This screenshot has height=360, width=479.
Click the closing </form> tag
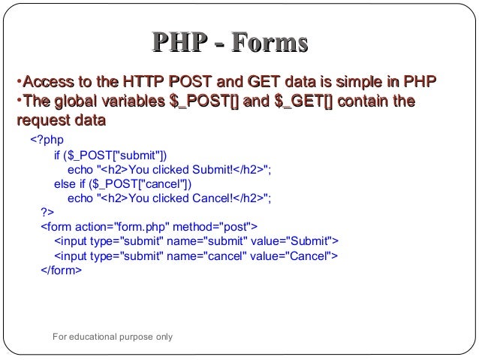click(x=61, y=270)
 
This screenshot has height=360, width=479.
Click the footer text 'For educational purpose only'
click(x=113, y=337)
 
